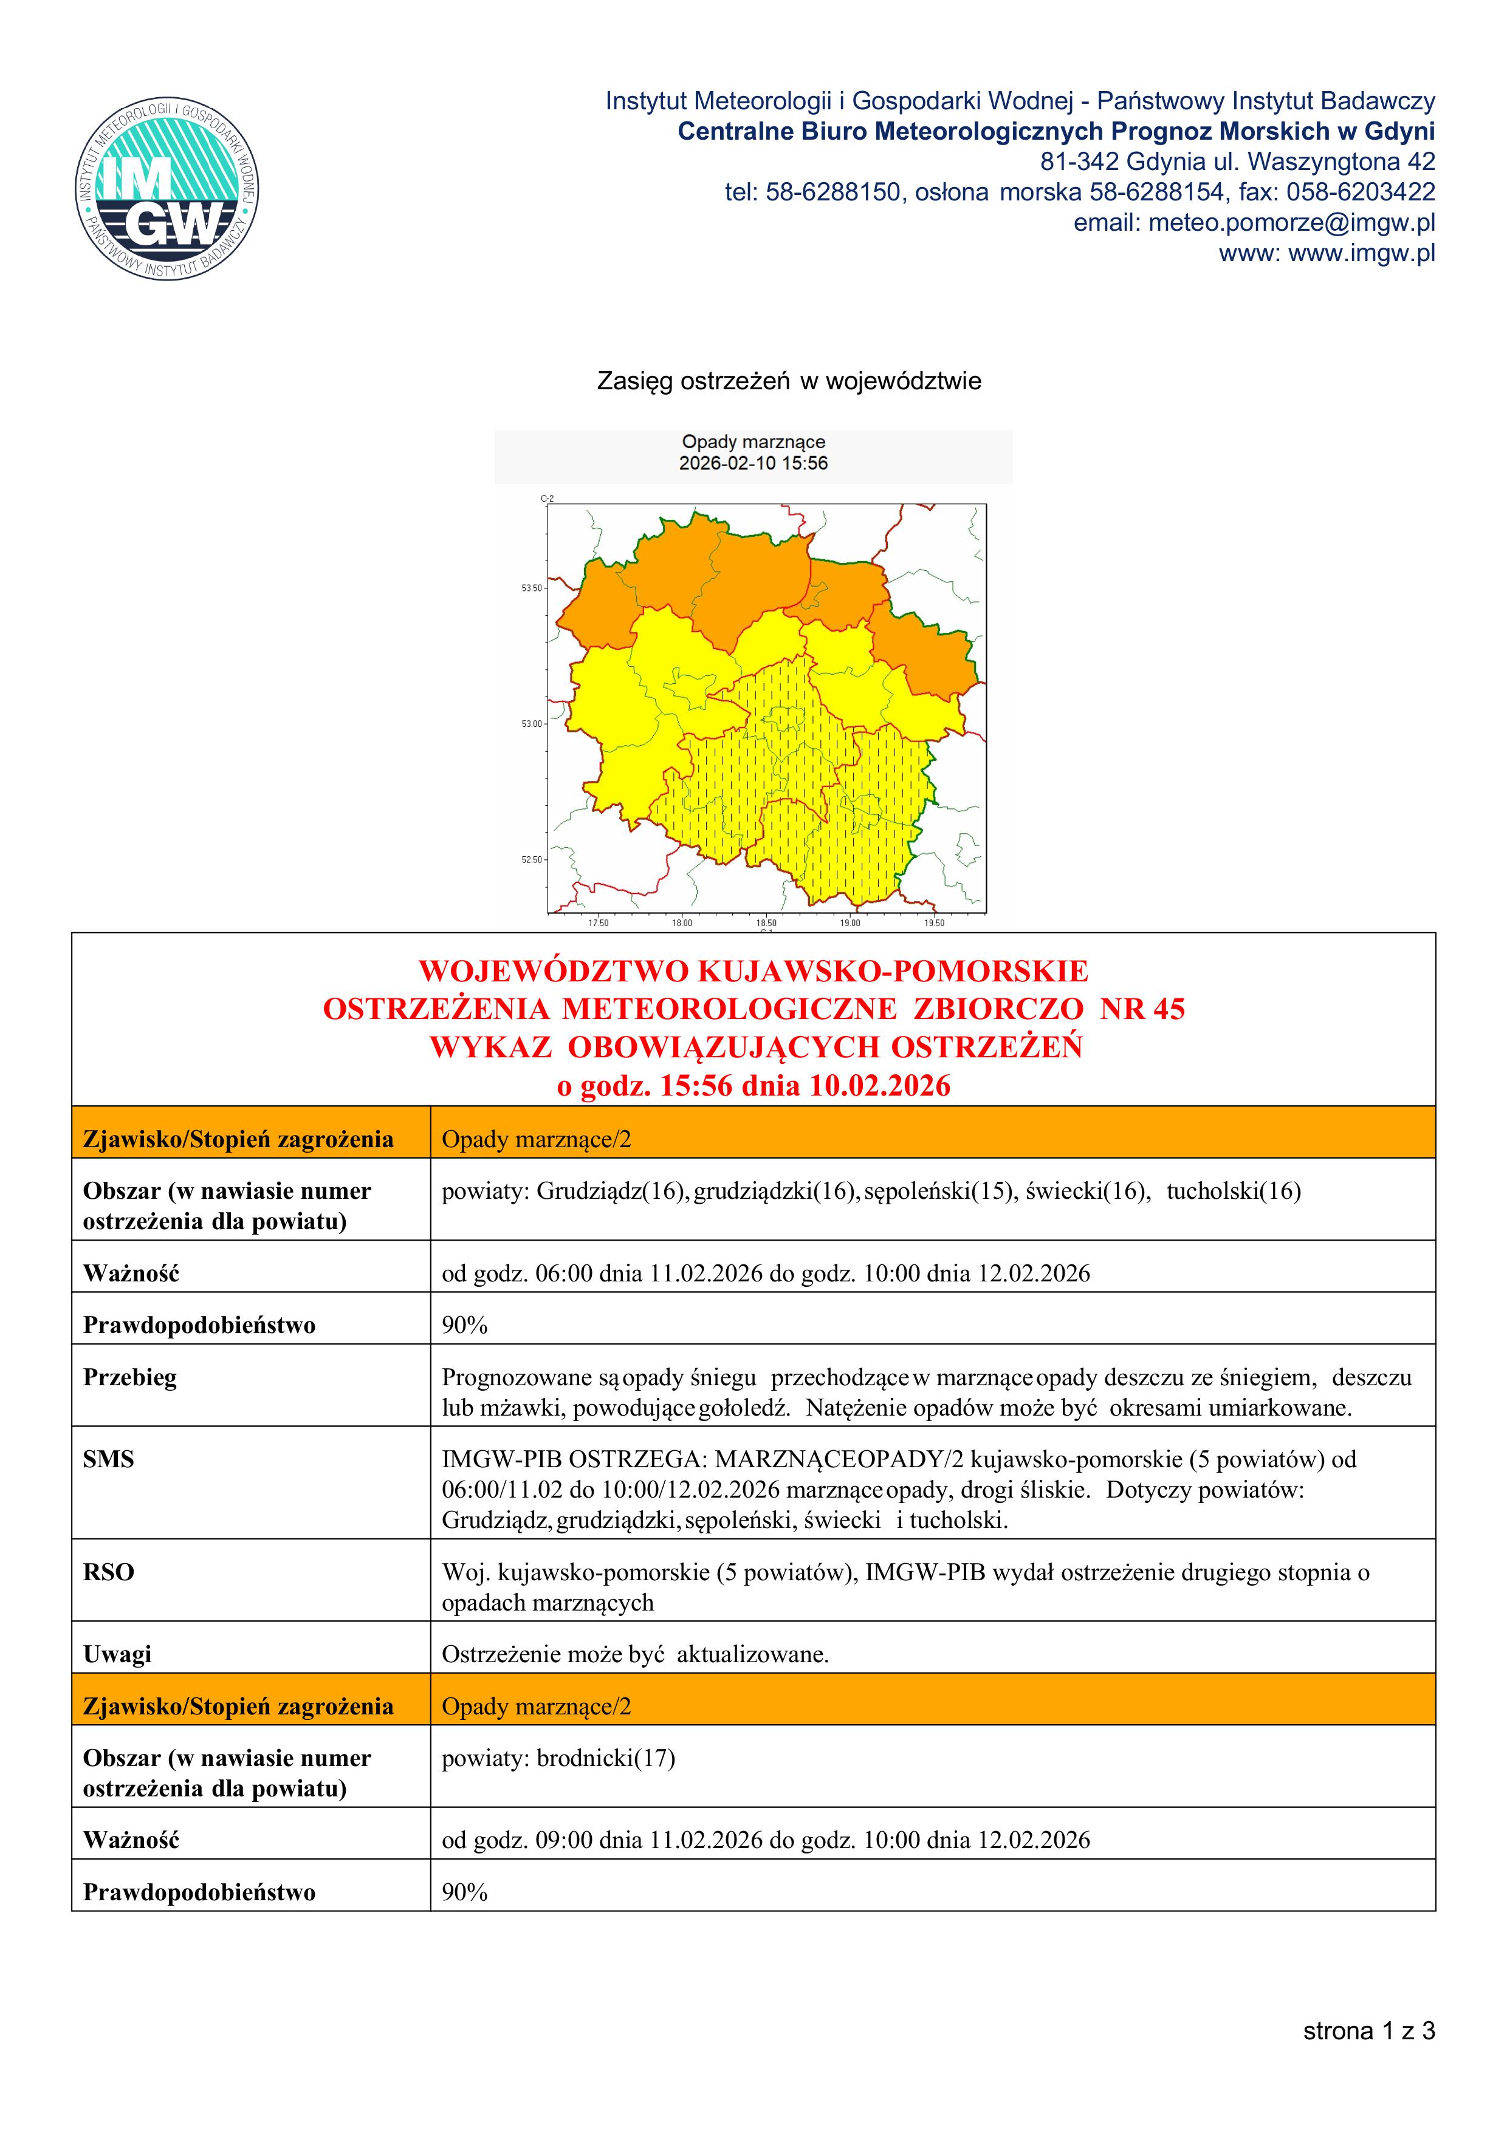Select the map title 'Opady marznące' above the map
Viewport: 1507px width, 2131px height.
point(753,442)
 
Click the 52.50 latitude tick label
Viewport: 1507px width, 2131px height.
point(531,859)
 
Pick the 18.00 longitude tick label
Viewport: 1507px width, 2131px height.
point(682,924)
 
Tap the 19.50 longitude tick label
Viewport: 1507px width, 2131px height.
point(934,924)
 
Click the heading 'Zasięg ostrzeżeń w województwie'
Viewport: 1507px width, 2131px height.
point(788,381)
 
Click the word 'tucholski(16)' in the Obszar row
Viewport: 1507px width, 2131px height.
point(1233,1192)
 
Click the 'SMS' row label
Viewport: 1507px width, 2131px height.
point(109,1460)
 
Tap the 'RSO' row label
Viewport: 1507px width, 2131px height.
point(109,1572)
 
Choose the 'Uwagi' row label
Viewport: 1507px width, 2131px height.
point(117,1654)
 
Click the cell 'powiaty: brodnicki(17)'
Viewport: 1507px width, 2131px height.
point(558,1758)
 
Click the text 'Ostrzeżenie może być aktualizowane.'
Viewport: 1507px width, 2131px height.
point(635,1654)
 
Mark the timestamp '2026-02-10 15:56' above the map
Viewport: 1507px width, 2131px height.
point(753,464)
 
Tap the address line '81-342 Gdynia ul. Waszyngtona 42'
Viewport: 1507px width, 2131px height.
point(1237,162)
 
